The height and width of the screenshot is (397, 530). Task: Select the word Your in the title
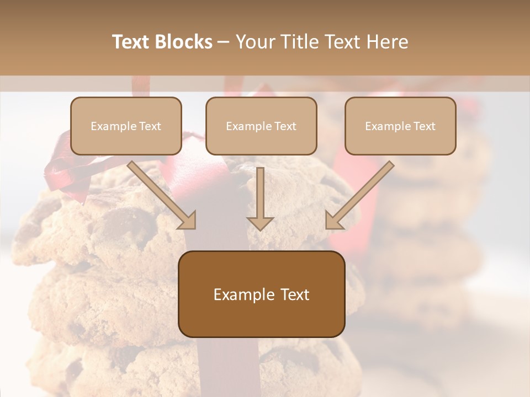click(255, 42)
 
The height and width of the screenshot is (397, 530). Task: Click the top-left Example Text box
click(126, 126)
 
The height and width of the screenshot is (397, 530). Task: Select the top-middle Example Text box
click(261, 126)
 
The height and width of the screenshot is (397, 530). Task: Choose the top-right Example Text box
click(400, 126)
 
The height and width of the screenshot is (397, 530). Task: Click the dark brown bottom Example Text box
click(261, 294)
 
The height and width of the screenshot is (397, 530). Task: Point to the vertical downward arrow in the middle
click(260, 193)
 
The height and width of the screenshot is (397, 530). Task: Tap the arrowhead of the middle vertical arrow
click(260, 223)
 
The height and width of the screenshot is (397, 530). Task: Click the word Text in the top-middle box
click(284, 126)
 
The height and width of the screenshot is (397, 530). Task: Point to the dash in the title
click(224, 42)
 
